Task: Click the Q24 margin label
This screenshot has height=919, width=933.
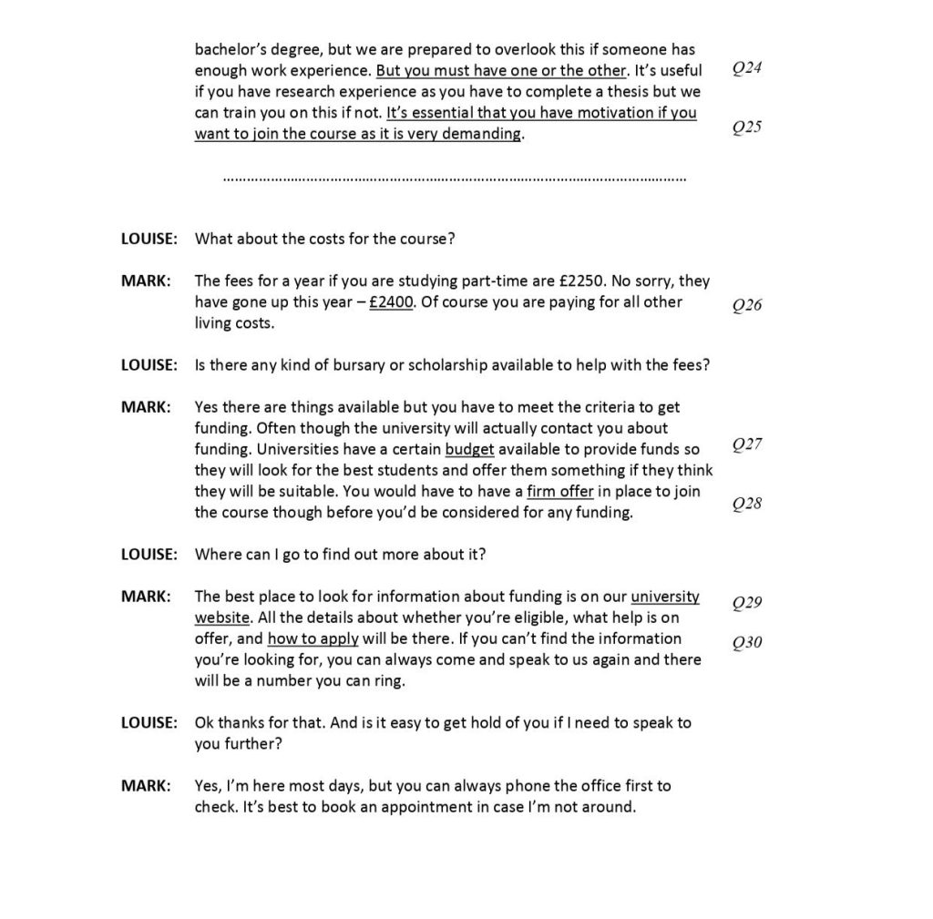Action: click(747, 70)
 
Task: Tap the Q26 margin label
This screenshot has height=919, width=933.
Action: click(747, 305)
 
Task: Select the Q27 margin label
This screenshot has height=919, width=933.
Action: click(747, 444)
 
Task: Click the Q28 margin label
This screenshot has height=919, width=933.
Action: click(747, 504)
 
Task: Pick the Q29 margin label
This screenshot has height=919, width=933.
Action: click(747, 603)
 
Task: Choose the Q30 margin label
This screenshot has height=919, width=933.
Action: click(747, 643)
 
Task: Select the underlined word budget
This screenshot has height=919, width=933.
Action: click(469, 450)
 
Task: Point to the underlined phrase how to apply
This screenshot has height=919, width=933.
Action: click(313, 638)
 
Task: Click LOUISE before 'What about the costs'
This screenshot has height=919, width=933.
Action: click(149, 240)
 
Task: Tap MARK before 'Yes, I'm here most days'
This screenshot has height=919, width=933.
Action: click(146, 785)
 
